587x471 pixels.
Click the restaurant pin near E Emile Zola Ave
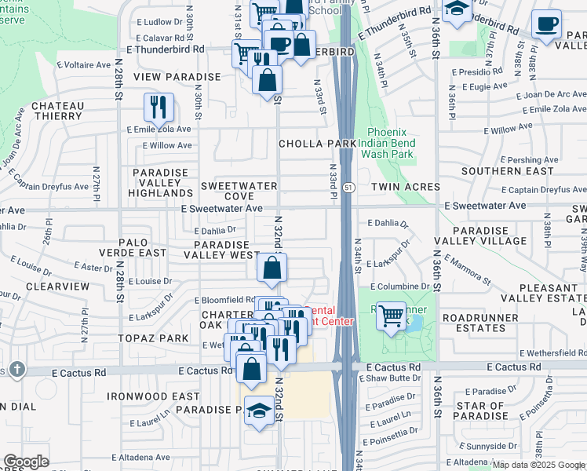(x=159, y=108)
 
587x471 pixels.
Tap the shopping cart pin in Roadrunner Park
(x=391, y=316)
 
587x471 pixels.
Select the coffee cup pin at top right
(x=546, y=24)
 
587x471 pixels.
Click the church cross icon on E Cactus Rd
(x=17, y=369)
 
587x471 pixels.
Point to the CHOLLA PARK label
(x=318, y=144)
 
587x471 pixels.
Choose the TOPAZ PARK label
(x=161, y=338)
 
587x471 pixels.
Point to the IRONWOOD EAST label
(x=153, y=397)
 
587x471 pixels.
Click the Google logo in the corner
(x=26, y=462)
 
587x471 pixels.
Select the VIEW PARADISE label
(x=177, y=77)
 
